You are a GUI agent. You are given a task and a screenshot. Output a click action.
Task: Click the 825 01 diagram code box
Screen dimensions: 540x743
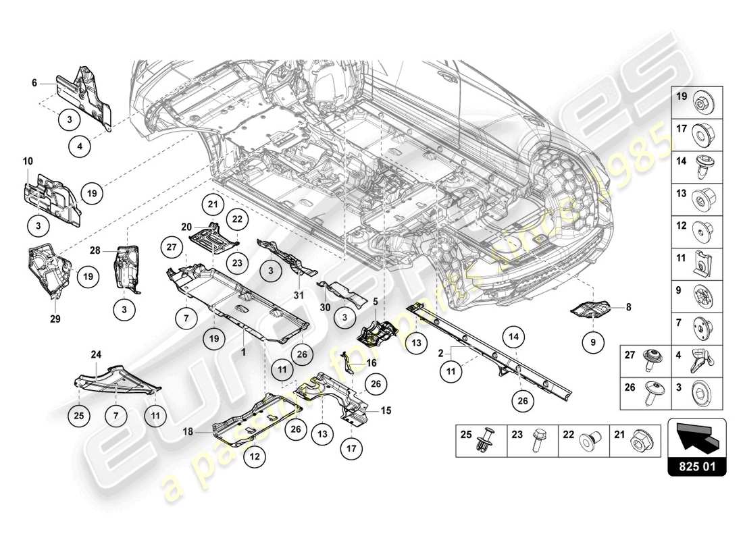coord(697,465)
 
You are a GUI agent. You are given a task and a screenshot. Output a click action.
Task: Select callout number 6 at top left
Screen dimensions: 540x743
coord(33,83)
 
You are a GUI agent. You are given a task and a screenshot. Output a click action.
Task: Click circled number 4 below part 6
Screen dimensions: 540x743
coord(80,144)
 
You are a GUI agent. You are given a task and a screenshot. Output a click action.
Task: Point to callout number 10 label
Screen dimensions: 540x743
coord(28,161)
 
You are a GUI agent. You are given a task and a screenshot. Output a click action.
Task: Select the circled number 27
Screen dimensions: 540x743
coord(171,247)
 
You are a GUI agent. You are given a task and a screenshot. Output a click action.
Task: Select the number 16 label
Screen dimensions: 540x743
coord(371,362)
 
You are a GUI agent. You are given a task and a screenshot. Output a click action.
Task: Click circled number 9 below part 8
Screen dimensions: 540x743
coord(594,342)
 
